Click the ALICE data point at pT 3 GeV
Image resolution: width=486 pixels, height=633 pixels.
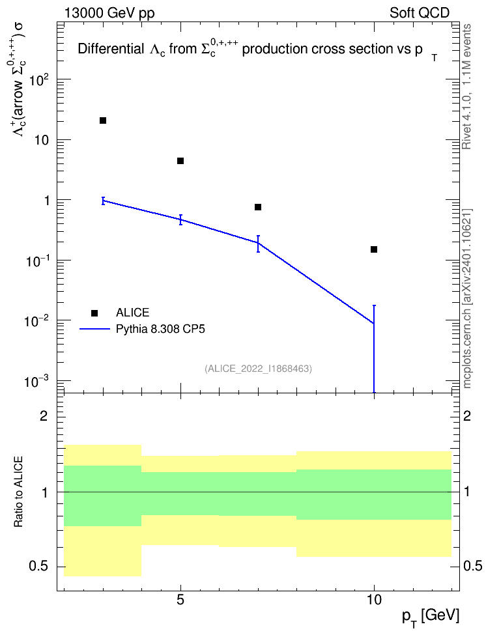(x=103, y=120)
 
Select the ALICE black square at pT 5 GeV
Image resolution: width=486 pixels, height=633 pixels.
(x=180, y=161)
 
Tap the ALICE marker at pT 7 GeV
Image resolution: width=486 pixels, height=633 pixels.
(x=258, y=207)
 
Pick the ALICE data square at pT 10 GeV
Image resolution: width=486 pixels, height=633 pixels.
(x=374, y=249)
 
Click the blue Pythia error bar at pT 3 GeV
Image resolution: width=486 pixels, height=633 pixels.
(x=103, y=201)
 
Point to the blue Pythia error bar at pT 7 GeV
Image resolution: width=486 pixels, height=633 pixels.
(x=258, y=244)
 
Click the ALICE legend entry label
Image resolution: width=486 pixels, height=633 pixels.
(x=132, y=313)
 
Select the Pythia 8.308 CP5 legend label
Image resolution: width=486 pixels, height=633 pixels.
(x=160, y=329)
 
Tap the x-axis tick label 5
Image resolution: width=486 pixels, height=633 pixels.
(x=180, y=600)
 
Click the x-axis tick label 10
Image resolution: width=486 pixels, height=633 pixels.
(x=374, y=600)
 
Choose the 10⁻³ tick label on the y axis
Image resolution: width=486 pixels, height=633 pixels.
(x=37, y=381)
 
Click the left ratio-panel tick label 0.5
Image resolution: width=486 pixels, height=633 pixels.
(x=38, y=566)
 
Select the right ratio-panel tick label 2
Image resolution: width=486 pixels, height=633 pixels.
(x=466, y=415)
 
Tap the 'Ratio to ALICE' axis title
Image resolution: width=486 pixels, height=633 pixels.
(x=18, y=492)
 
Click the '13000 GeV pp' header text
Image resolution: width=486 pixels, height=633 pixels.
(x=109, y=13)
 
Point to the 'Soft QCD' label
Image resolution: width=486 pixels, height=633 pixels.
(x=420, y=13)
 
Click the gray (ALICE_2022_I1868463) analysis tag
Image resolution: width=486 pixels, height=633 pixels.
(x=258, y=369)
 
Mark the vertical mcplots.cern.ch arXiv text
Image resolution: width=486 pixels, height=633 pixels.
(x=466, y=298)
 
